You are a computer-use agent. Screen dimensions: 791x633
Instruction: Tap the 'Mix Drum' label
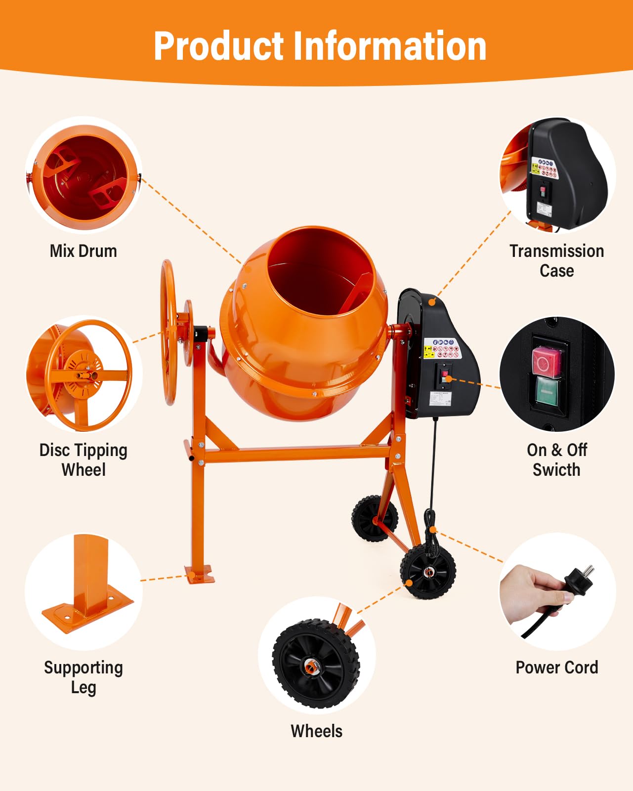click(x=84, y=251)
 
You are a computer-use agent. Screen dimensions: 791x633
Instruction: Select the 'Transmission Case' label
click(x=556, y=261)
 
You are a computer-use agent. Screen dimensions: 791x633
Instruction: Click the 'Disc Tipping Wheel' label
click(x=84, y=459)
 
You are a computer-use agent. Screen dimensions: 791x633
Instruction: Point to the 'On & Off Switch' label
click(x=556, y=459)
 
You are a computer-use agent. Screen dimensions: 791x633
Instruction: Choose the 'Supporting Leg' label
click(x=84, y=677)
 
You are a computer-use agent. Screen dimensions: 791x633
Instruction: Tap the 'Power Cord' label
click(x=556, y=667)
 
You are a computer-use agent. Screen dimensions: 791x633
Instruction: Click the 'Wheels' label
click(x=316, y=731)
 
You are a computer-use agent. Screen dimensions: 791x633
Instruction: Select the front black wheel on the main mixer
click(x=428, y=572)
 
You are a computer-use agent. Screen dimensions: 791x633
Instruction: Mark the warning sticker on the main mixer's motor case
click(x=442, y=349)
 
